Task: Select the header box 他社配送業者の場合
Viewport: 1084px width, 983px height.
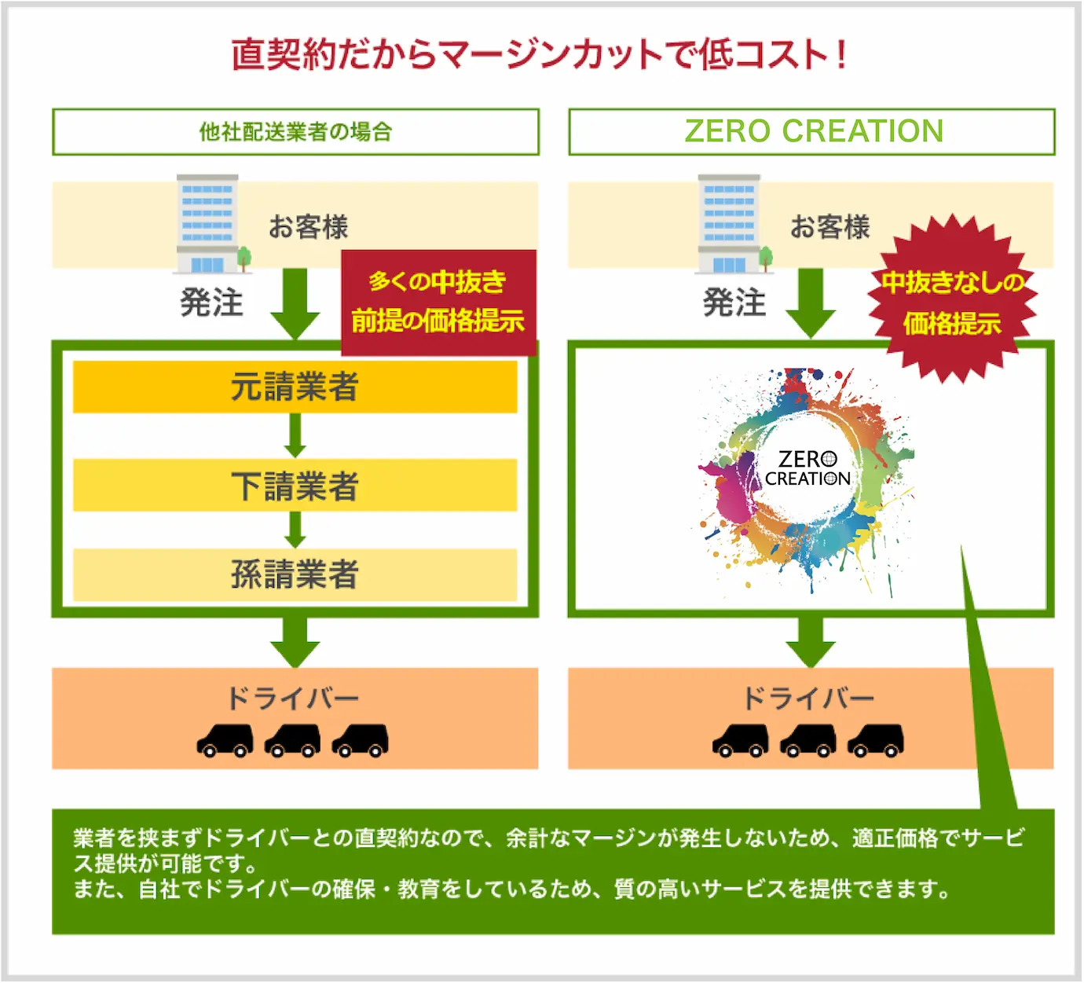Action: tap(295, 132)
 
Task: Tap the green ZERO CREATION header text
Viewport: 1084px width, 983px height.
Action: tap(814, 131)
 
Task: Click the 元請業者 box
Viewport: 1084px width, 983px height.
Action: tap(295, 387)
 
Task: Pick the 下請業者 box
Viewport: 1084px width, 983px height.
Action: tap(295, 486)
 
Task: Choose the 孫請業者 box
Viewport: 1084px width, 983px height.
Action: tap(295, 574)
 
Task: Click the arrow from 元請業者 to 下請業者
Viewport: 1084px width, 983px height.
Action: tap(295, 435)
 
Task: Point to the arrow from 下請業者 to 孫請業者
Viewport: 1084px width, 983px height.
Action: tap(295, 530)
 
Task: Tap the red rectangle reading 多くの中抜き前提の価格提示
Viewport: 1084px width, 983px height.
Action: tap(438, 302)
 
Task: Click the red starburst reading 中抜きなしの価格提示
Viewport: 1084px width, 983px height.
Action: tap(952, 301)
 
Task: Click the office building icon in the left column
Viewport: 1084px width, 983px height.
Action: tap(209, 224)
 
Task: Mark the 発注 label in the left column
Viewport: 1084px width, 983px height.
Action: tap(211, 303)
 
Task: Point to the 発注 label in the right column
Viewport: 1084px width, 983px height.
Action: tap(734, 303)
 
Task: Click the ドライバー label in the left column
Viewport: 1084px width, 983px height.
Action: tap(292, 698)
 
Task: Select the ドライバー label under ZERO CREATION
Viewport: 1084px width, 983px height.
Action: tap(808, 698)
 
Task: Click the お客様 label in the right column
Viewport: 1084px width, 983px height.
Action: tap(830, 227)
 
